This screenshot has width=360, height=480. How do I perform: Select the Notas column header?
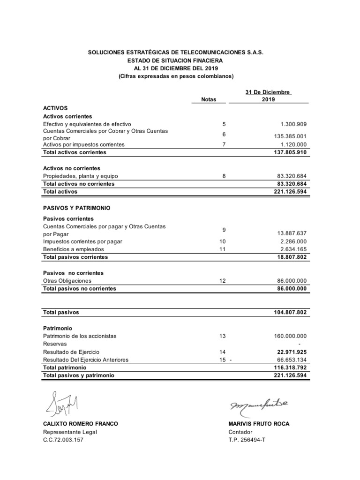[x=209, y=99]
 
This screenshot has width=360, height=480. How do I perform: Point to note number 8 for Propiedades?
[x=224, y=176]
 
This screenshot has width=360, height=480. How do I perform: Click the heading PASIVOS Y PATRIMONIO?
[x=77, y=207]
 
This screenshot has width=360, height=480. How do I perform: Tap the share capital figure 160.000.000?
[x=289, y=336]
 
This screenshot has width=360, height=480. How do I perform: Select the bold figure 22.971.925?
[x=290, y=352]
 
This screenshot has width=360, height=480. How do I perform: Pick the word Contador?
[x=240, y=432]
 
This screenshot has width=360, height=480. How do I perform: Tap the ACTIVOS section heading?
[x=55, y=108]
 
